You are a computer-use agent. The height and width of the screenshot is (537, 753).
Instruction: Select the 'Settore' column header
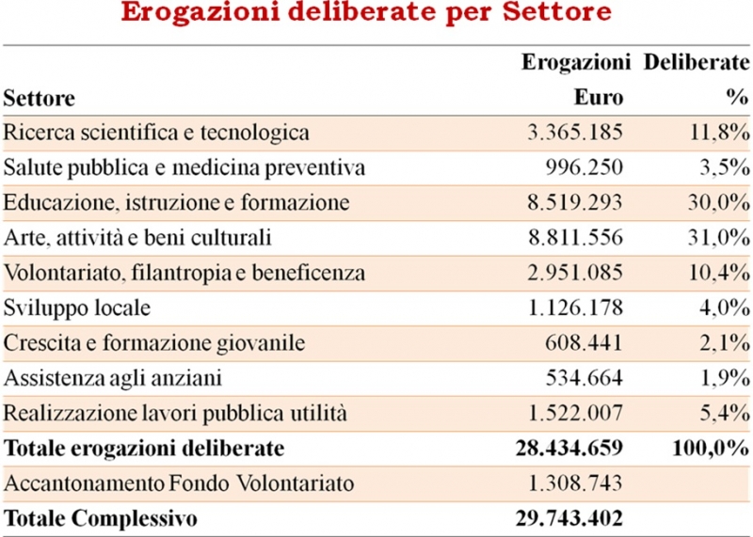39,98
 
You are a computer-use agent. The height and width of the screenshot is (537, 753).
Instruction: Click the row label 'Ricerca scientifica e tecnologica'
156,133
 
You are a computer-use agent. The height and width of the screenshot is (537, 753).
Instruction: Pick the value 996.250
584,168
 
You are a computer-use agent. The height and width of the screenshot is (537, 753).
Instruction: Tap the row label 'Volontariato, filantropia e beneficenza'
184,274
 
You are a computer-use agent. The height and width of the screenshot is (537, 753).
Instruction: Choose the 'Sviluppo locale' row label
77,308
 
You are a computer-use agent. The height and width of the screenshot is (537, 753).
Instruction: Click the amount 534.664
584,379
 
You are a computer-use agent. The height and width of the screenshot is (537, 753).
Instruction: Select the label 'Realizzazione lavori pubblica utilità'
176,414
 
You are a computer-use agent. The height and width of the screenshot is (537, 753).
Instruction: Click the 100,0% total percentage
711,449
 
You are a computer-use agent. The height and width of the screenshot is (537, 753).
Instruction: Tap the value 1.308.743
573,484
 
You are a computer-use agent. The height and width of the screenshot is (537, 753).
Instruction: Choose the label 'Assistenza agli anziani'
112,379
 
